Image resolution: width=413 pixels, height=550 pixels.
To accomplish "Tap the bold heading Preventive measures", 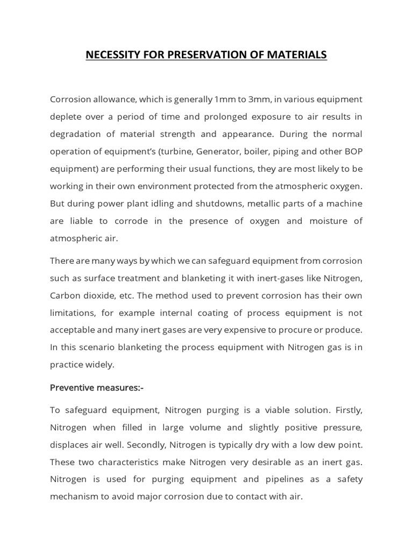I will [x=97, y=387].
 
